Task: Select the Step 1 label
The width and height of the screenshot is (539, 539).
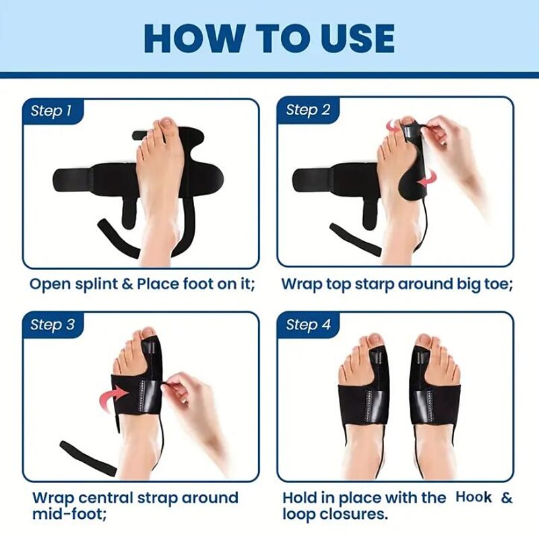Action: click(52, 110)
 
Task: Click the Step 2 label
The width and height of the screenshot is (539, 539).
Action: click(308, 110)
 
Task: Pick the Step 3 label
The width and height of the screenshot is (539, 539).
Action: click(52, 325)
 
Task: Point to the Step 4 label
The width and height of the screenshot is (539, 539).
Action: click(308, 325)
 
